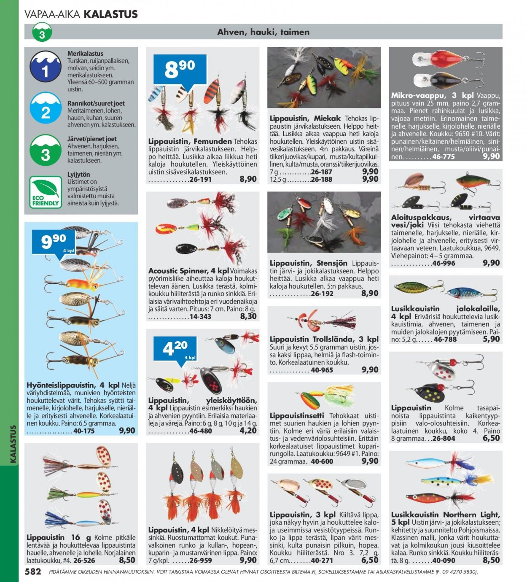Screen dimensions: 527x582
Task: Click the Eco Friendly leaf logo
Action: [46, 192]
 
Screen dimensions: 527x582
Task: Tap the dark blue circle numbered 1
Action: [46, 66]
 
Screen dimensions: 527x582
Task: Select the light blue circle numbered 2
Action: [46, 108]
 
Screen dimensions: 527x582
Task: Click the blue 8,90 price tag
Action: [180, 71]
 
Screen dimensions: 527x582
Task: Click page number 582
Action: [33, 571]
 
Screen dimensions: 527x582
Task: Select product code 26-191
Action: [200, 179]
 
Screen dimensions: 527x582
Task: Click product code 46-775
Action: [444, 157]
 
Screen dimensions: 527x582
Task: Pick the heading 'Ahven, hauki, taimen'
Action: [263, 32]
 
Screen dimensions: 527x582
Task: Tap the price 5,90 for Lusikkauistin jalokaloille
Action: [491, 339]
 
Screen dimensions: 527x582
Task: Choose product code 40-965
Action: [322, 370]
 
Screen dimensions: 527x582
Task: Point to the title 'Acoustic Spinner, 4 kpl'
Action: [188, 271]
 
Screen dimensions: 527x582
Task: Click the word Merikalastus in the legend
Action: [85, 54]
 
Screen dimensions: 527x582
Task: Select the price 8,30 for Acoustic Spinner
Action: [248, 316]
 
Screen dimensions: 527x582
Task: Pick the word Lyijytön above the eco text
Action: [78, 175]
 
